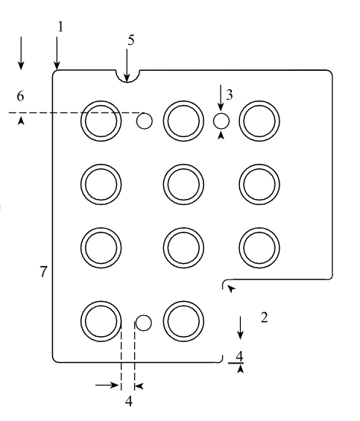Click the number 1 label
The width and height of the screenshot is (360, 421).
(60, 27)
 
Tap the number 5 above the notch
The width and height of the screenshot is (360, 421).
(131, 40)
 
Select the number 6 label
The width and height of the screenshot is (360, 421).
(20, 96)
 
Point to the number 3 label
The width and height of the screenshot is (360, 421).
(229, 95)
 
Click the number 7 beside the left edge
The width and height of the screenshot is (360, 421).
(43, 271)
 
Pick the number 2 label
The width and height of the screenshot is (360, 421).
(265, 317)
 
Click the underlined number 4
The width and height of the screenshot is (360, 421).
(239, 356)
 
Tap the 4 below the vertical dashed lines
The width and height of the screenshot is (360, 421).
(129, 402)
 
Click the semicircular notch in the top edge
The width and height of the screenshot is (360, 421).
(127, 81)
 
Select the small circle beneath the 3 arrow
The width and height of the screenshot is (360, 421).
(221, 121)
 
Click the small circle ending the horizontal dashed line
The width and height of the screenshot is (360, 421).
(145, 121)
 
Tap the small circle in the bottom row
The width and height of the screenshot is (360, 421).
(144, 323)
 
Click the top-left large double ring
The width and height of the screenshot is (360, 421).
(101, 101)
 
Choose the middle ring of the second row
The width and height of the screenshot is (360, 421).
(183, 165)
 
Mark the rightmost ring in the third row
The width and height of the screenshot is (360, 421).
(259, 228)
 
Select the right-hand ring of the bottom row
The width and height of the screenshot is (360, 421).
(183, 301)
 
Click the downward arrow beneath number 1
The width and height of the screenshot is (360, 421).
(57, 53)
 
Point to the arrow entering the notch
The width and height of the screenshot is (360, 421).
(127, 65)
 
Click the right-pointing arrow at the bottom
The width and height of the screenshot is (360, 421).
(107, 385)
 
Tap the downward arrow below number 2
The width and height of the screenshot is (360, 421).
(240, 328)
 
